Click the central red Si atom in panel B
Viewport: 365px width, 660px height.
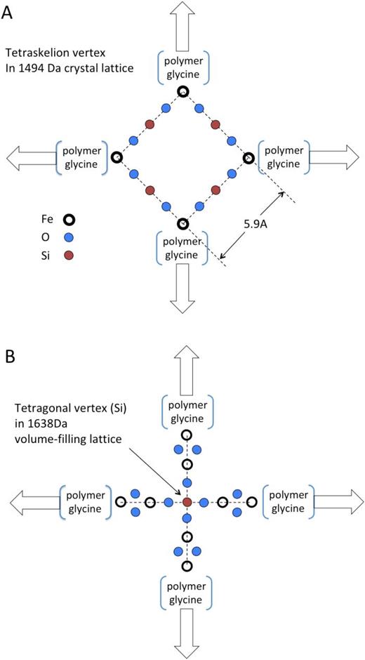click(187, 502)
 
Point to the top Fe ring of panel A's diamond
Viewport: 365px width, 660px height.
click(182, 91)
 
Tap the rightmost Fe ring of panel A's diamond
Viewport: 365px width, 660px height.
click(248, 159)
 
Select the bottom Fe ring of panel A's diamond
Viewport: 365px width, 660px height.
click(182, 224)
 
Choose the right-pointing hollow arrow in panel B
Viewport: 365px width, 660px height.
click(338, 502)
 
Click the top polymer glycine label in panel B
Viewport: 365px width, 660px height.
click(187, 411)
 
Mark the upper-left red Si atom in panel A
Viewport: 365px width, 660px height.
click(150, 124)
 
